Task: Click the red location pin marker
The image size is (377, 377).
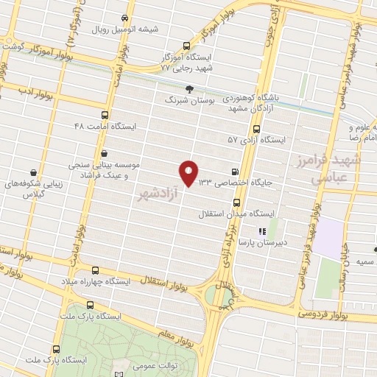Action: pos(189,172)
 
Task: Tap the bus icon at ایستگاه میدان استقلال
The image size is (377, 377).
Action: pos(236,201)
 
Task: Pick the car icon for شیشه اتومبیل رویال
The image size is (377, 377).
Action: pos(125,18)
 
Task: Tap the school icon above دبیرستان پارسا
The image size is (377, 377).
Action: pos(262,230)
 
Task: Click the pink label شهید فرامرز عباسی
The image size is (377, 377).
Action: pos(328,169)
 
